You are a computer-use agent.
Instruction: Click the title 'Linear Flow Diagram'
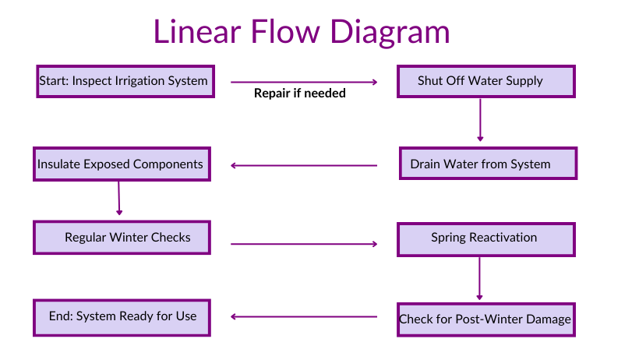tap(301, 31)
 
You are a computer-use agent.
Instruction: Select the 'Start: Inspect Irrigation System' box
tap(124, 81)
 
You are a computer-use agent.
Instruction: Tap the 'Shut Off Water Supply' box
tap(486, 81)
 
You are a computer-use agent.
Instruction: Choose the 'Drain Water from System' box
tap(488, 164)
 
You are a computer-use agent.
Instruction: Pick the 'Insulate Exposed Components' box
tap(121, 164)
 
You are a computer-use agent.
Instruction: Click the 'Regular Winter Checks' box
tap(122, 237)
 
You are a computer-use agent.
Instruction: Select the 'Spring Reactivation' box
tap(486, 238)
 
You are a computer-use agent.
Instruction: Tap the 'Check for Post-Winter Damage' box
tap(486, 319)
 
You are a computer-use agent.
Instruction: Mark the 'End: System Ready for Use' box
tap(122, 316)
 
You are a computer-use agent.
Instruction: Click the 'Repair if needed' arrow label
tap(300, 93)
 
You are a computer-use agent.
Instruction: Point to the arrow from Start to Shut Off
tap(304, 81)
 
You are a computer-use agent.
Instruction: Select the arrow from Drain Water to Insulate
tap(304, 164)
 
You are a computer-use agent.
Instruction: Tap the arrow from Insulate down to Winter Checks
tap(119, 198)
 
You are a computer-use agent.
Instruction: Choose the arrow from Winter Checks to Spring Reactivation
tap(304, 244)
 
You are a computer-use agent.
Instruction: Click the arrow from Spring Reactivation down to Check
tap(479, 278)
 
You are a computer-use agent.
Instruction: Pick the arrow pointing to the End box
tap(304, 316)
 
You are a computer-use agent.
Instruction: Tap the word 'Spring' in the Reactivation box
tap(450, 238)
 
